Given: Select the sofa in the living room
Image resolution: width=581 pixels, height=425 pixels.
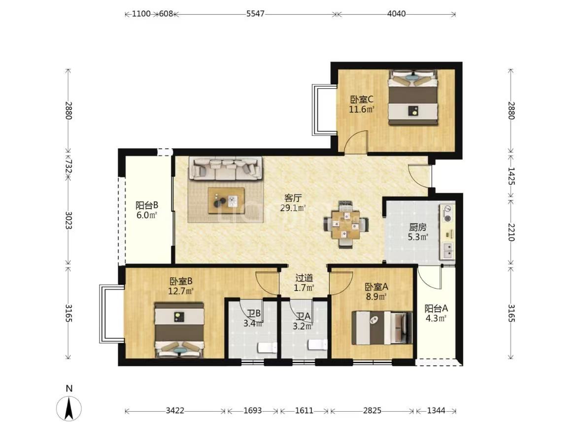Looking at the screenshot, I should click(226, 168).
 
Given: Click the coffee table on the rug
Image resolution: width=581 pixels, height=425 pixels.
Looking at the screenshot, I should click(226, 200).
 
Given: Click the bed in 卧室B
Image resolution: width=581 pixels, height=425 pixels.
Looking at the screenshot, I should click(179, 329).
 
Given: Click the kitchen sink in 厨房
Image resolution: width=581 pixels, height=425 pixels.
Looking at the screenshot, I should click(448, 251).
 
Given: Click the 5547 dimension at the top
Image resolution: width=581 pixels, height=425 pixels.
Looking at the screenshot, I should click(255, 14).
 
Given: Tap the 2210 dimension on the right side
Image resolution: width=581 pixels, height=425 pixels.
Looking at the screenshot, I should click(511, 231).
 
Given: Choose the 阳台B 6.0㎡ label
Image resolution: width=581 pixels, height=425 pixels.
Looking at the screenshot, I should click(146, 210).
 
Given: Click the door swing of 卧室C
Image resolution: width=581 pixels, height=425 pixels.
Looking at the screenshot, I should click(356, 142).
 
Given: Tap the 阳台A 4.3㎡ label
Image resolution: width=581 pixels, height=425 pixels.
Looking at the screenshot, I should click(436, 313).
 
